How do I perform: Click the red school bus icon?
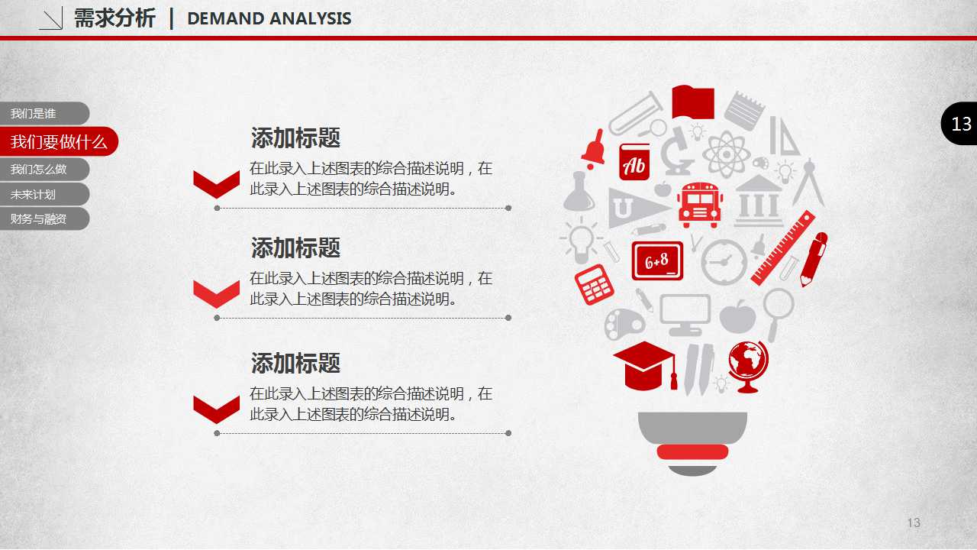700,205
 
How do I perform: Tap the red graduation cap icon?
646,366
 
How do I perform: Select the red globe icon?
748,367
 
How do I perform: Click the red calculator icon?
594,285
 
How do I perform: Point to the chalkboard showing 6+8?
657,260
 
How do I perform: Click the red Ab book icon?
634,162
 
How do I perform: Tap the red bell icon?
594,149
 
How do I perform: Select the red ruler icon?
783,248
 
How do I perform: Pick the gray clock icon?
724,262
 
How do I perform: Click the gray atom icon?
727,154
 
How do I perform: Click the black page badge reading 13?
959,124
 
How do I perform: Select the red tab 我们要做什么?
59,141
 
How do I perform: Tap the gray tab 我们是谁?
44,114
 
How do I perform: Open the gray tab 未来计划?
44,194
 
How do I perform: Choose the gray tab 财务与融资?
44,218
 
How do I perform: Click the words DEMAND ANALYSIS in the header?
269,19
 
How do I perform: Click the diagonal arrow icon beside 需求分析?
51,18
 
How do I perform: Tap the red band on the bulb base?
692,451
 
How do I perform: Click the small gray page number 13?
914,522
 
